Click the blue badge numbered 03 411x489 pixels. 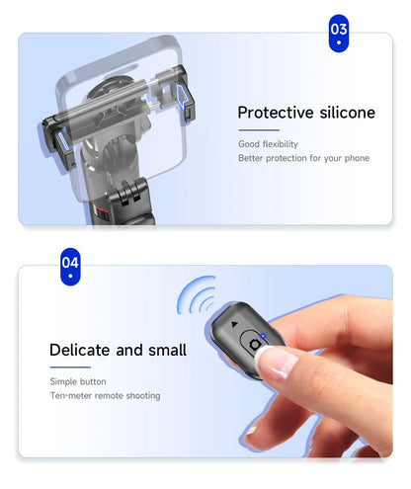(339, 33)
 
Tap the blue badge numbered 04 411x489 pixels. (70, 267)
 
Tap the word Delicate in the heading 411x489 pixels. (82, 350)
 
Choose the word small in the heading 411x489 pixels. (165, 350)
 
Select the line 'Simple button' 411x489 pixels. (78, 381)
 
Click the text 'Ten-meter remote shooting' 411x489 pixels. (105, 396)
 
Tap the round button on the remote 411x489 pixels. (257, 342)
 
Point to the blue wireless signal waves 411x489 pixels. (198, 297)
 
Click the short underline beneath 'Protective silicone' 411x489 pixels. (258, 129)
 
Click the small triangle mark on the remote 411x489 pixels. (234, 324)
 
